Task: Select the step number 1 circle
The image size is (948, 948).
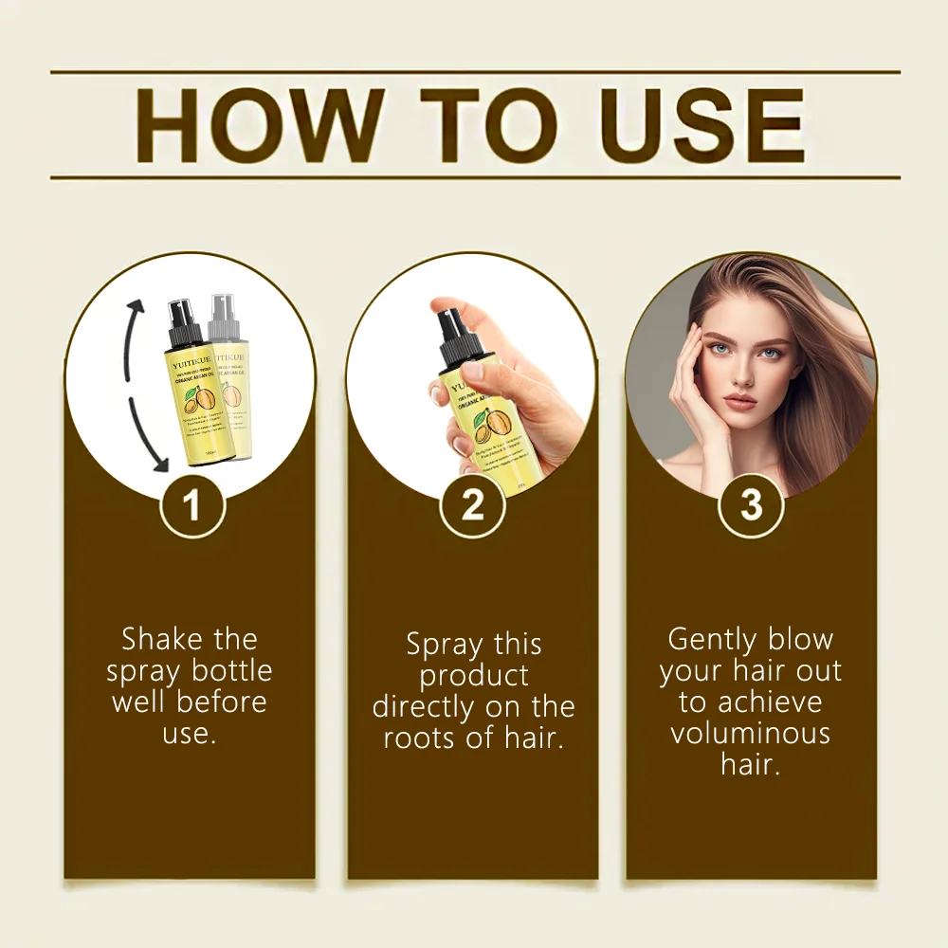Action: [191, 505]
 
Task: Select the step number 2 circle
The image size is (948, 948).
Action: [472, 505]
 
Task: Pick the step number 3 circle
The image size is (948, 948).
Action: [751, 505]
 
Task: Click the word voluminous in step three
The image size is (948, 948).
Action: [750, 733]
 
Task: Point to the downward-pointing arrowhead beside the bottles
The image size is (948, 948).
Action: [158, 463]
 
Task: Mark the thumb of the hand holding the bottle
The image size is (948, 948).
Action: [450, 391]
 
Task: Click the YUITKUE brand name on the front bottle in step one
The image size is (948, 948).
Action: [183, 359]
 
